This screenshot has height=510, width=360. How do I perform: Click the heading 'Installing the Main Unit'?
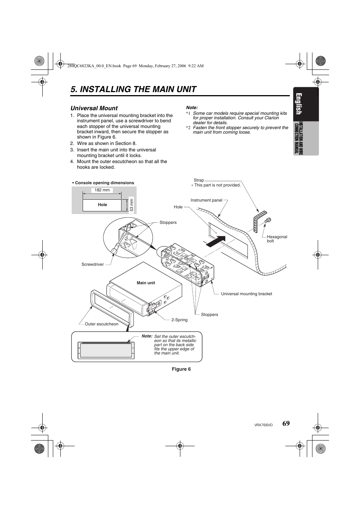point(133,89)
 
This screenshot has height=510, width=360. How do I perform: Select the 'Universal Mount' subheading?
point(94,108)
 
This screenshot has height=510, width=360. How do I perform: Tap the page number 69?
point(286,424)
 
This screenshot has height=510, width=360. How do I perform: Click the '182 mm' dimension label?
point(102,190)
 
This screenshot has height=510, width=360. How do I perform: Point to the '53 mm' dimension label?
point(132,205)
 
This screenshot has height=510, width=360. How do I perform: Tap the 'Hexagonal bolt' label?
point(277,239)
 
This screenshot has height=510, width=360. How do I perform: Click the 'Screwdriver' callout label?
point(92,265)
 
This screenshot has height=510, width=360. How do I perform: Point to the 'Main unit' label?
point(146,283)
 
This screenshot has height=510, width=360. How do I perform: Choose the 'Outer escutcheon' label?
point(101,324)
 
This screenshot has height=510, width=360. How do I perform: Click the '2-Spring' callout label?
point(179,320)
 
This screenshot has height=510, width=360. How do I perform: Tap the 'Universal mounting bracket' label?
point(246,294)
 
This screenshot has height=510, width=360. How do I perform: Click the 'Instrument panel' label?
point(206,200)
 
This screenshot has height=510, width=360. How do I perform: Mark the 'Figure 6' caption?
point(181,369)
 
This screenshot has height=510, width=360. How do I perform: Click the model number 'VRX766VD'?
point(263,425)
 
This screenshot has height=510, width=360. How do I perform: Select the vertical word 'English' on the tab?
point(299,104)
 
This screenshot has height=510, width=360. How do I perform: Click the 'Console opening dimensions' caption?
point(104,183)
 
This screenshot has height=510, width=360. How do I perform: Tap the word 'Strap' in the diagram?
point(198,180)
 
